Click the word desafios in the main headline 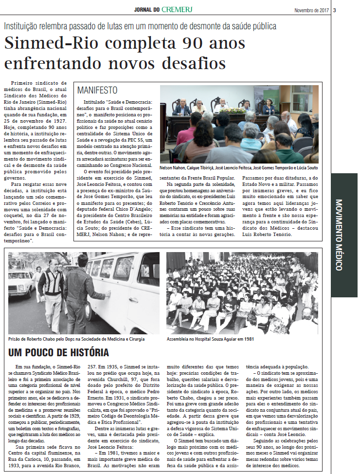191,63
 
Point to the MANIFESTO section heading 97,91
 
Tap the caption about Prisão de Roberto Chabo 76,339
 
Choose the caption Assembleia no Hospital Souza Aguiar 208,339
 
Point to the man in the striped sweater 51,287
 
